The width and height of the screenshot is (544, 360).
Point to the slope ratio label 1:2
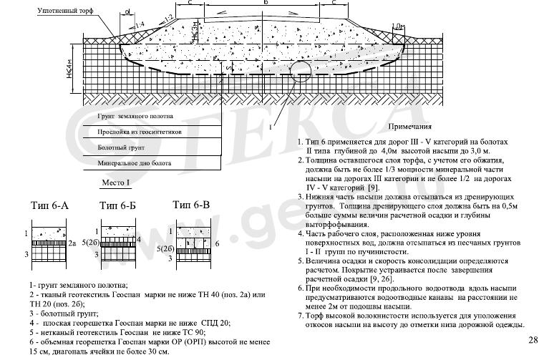(x=167, y=16)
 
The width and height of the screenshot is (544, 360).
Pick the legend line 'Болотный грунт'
(x=121, y=148)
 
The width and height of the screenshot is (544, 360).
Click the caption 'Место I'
(x=112, y=183)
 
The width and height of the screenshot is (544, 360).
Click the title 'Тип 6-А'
(x=50, y=206)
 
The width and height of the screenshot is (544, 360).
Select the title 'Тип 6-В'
(x=191, y=205)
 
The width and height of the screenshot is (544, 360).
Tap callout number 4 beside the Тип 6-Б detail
(x=138, y=238)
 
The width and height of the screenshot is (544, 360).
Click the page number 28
(x=533, y=340)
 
